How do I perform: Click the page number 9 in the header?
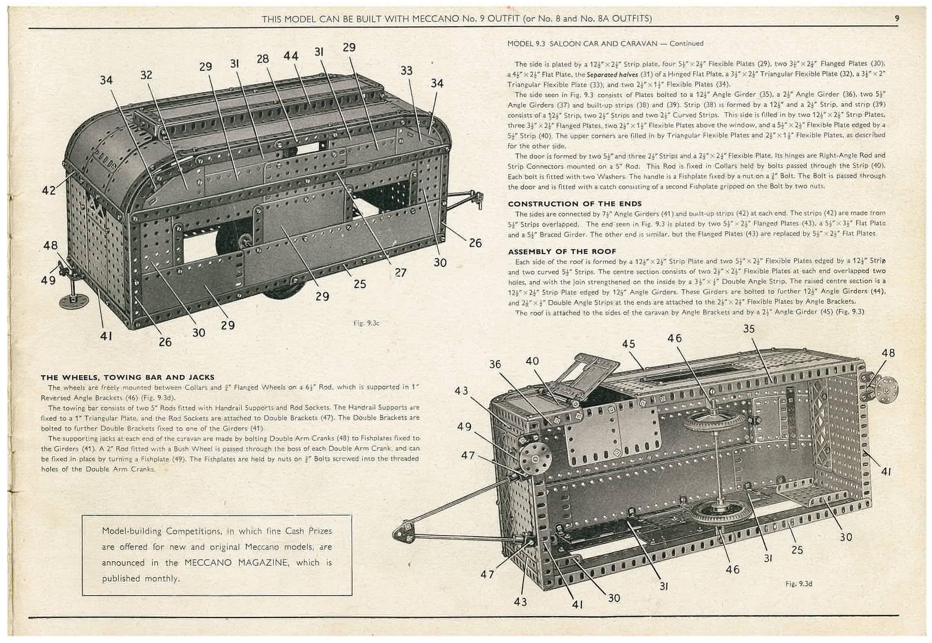pos(896,18)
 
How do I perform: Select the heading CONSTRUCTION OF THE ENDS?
pos(575,203)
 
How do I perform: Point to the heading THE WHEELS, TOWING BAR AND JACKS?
pos(127,377)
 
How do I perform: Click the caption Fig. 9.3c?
pos(366,323)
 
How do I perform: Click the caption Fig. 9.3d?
pos(798,584)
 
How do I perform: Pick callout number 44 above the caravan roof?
pos(291,56)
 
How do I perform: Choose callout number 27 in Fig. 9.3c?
pos(401,272)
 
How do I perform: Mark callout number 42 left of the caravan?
pos(49,190)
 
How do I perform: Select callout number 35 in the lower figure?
pos(749,329)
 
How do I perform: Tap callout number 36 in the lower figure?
pos(495,364)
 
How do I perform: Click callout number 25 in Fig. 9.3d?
pos(797,550)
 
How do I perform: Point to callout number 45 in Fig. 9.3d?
pos(629,344)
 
